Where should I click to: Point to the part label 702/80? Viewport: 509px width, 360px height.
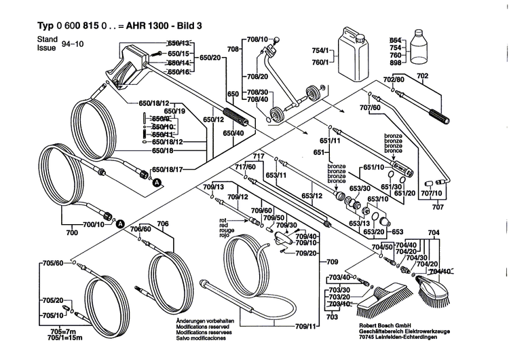point(394,80)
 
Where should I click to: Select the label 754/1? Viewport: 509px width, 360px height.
point(319,51)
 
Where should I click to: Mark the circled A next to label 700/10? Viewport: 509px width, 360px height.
point(119,224)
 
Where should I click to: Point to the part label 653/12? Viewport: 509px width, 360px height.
point(312,196)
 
